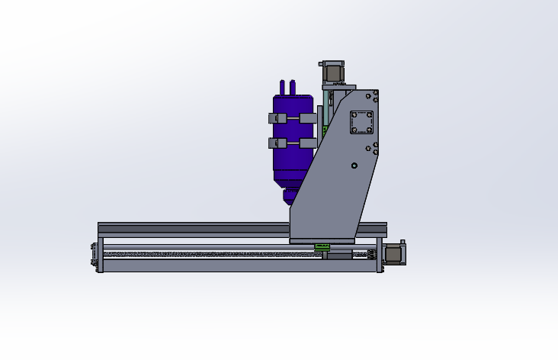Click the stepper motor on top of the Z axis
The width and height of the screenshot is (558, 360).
point(333,72)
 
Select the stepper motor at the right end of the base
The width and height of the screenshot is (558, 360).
point(394,254)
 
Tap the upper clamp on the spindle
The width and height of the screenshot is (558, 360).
point(293,118)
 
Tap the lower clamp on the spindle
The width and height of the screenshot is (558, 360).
point(293,143)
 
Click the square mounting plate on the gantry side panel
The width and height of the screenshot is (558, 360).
point(361,123)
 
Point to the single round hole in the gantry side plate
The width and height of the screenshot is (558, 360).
point(354,166)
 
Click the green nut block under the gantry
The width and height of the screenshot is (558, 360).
point(322,246)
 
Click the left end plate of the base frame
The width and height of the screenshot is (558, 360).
point(100,255)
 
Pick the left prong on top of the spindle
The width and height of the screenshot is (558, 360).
point(283,85)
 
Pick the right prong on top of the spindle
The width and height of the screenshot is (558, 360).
point(293,85)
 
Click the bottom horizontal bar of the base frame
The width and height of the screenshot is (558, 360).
point(229,265)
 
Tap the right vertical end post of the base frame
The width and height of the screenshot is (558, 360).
point(378,256)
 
